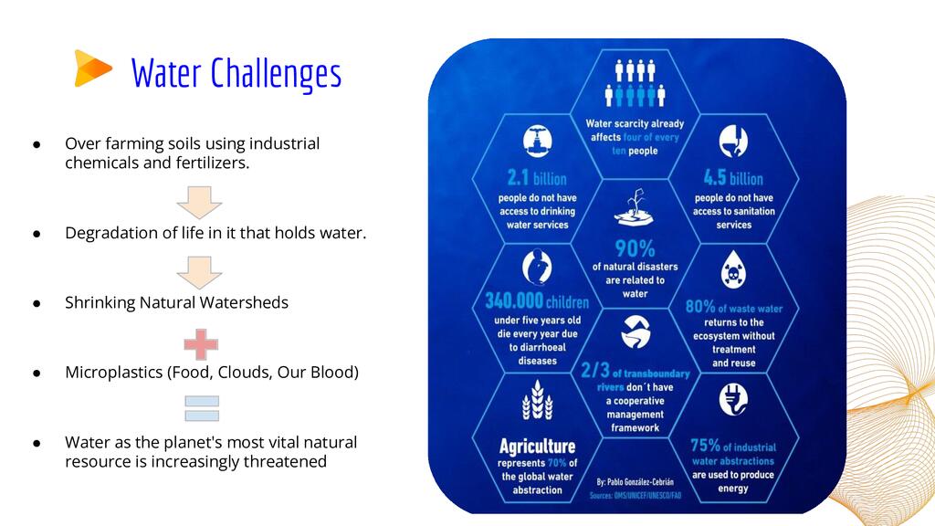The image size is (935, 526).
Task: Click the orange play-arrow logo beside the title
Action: tap(92, 68)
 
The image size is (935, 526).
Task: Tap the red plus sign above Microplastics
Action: tap(201, 344)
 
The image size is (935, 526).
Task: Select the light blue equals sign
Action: tap(202, 408)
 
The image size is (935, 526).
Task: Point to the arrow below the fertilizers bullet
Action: tap(199, 202)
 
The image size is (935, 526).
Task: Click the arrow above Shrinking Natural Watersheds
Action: tap(199, 272)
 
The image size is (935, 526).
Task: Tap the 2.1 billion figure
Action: tap(537, 178)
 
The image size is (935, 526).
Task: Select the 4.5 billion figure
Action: tap(733, 178)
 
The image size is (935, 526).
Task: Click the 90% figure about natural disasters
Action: tap(635, 248)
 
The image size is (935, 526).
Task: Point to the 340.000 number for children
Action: tap(514, 300)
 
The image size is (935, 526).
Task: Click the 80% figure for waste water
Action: tap(700, 307)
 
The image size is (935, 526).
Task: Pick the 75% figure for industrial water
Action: tap(706, 446)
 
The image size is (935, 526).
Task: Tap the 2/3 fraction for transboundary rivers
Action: tap(595, 371)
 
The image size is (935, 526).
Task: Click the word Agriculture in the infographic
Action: tap(537, 446)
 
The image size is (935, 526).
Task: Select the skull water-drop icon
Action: tap(733, 269)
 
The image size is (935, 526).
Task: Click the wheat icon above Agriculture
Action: tap(537, 400)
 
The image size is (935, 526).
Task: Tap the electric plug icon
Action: tap(733, 399)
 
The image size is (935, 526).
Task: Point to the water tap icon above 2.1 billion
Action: tap(537, 142)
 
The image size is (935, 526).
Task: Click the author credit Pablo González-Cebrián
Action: tap(635, 482)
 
